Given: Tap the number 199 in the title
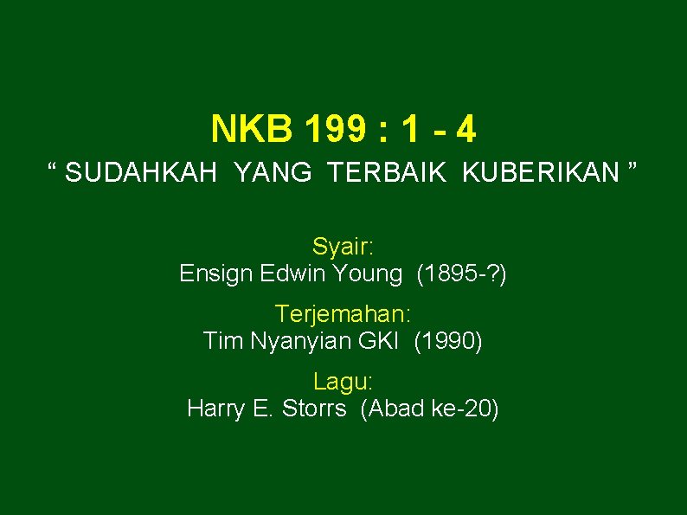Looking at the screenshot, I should pos(335,130).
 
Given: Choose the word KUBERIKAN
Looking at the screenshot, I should pos(541,173).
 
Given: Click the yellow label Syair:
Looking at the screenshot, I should pos(343,247).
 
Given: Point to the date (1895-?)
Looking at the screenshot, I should pos(462,274).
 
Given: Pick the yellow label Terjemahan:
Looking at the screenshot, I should pos(343,313).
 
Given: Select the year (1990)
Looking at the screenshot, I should pos(448,341).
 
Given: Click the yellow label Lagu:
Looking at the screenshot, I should pos(343,380).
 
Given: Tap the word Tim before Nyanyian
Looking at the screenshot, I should pos(223,341).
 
